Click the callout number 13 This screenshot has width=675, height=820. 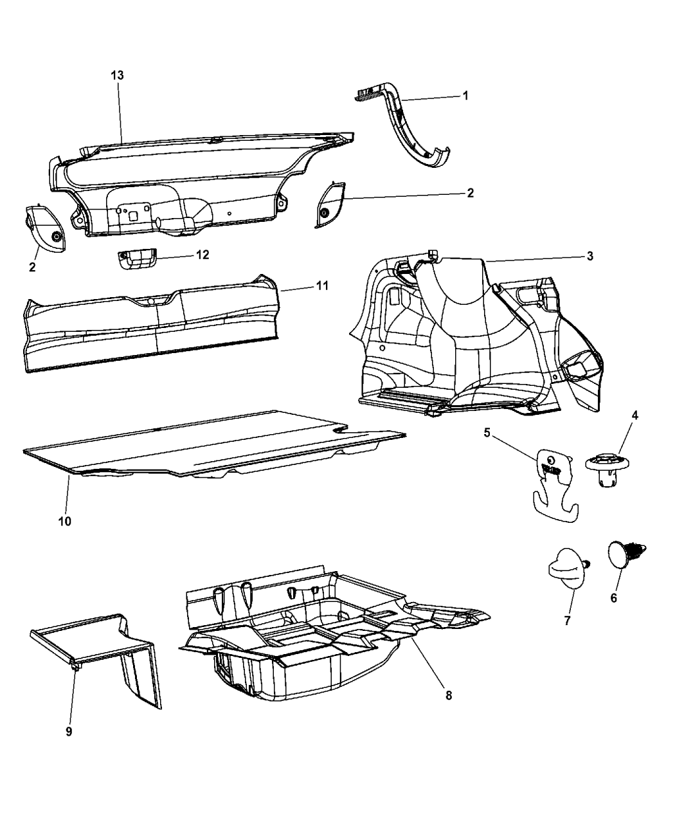tap(117, 75)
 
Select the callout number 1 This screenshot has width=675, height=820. tap(465, 95)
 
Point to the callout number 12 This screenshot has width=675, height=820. tap(203, 255)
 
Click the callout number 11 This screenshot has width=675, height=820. tap(322, 286)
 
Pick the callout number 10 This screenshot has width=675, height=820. tap(65, 522)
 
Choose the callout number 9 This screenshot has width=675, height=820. tap(69, 732)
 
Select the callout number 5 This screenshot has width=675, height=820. tap(487, 433)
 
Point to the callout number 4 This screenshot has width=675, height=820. tap(634, 415)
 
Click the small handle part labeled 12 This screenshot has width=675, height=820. tap(137, 259)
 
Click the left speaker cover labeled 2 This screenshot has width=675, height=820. tap(46, 228)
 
